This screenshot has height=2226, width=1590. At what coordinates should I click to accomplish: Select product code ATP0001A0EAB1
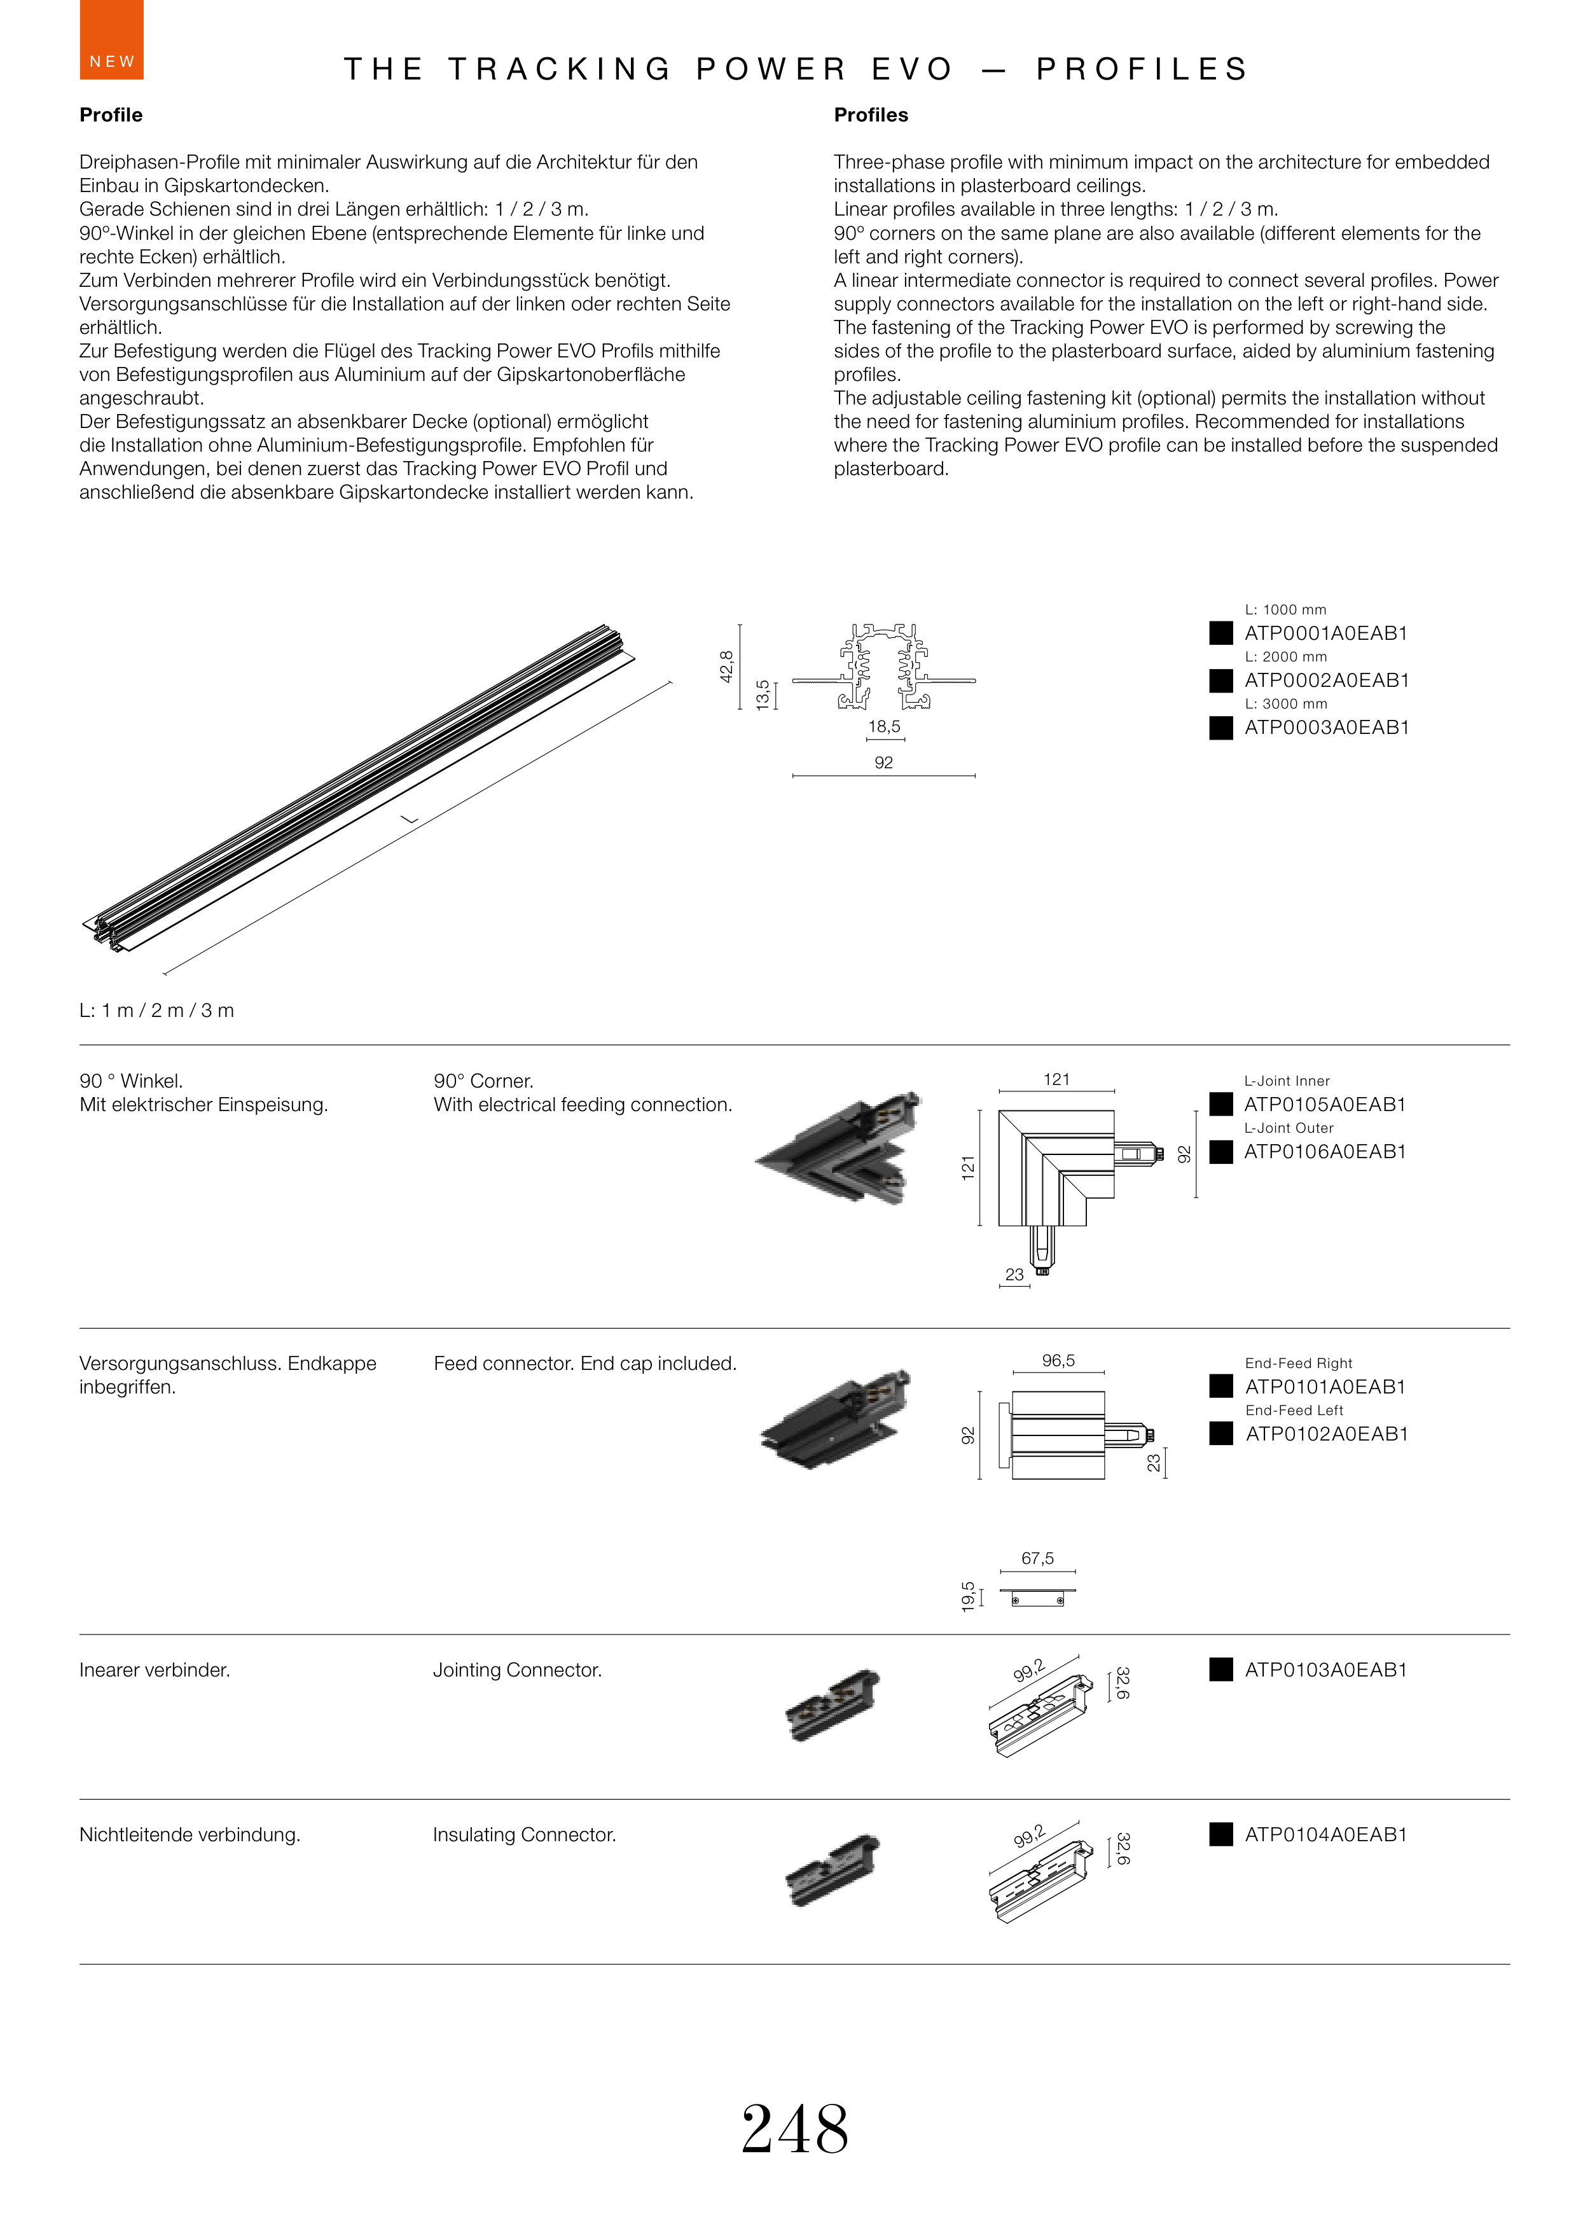pos(1325,633)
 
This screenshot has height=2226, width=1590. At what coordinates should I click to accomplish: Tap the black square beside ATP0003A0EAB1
pos(1221,728)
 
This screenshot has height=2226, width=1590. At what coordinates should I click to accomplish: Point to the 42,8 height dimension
pos(726,667)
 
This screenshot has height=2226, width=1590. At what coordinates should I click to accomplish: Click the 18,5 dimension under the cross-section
pos(883,726)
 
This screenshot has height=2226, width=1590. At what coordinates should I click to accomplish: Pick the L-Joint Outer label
pos(1289,1128)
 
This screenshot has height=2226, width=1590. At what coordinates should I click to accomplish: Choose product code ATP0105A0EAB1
pos(1325,1104)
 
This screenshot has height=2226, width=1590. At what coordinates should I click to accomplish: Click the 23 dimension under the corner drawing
pos(1014,1275)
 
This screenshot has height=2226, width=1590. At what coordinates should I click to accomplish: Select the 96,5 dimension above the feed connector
pos(1058,1360)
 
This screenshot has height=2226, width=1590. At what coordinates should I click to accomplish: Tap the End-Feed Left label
pos(1294,1409)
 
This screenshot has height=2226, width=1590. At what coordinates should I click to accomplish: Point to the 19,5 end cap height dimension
pos(968,1596)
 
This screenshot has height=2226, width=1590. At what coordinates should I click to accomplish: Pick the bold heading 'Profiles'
pos(871,114)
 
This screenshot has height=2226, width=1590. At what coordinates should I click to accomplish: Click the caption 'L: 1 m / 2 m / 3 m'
pos(156,1010)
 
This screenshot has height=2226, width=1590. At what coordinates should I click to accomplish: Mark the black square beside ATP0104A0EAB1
pos(1221,1834)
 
